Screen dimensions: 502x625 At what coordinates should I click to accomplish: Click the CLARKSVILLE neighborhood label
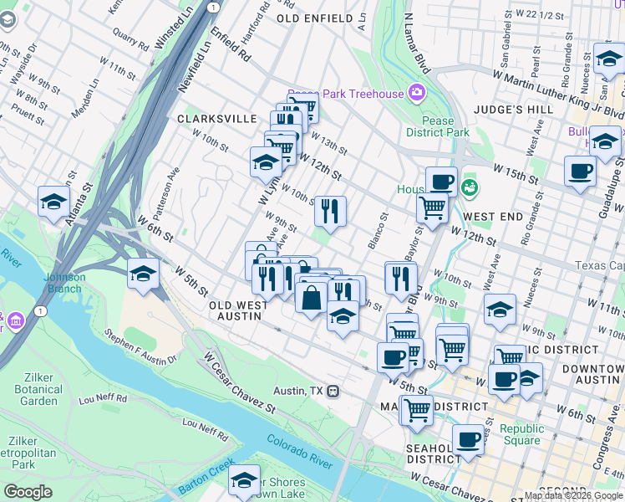coord(216,119)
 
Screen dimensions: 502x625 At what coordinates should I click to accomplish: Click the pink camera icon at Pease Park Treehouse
coord(416,92)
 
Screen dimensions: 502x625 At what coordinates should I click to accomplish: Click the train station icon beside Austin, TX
coord(333,391)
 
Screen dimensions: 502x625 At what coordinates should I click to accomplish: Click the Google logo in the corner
coord(28,492)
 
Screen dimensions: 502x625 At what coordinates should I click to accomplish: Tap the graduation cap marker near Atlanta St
coord(54,202)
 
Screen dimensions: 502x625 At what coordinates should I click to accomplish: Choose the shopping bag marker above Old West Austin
coord(310,297)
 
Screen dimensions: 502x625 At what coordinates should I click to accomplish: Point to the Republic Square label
coord(521,434)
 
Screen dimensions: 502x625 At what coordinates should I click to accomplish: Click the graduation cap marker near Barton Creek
coord(244,479)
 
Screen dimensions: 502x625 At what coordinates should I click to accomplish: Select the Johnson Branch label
coord(64,283)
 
